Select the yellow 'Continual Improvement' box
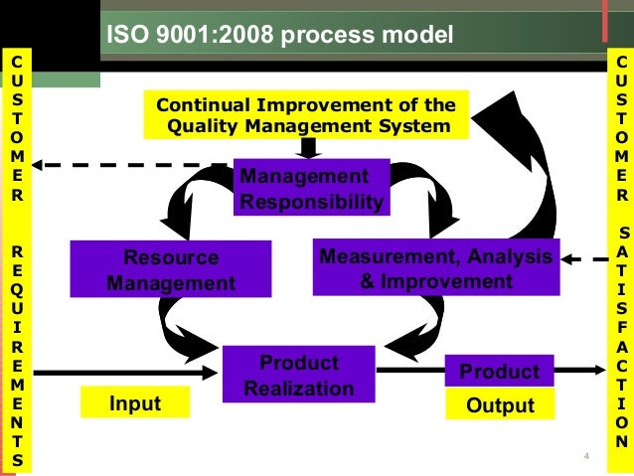point(308,115)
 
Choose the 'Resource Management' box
point(171,269)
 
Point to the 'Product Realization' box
point(299,374)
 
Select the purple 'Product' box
point(499,372)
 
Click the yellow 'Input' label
point(135,403)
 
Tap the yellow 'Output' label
point(499,405)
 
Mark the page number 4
point(586,456)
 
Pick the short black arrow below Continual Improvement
point(309,148)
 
